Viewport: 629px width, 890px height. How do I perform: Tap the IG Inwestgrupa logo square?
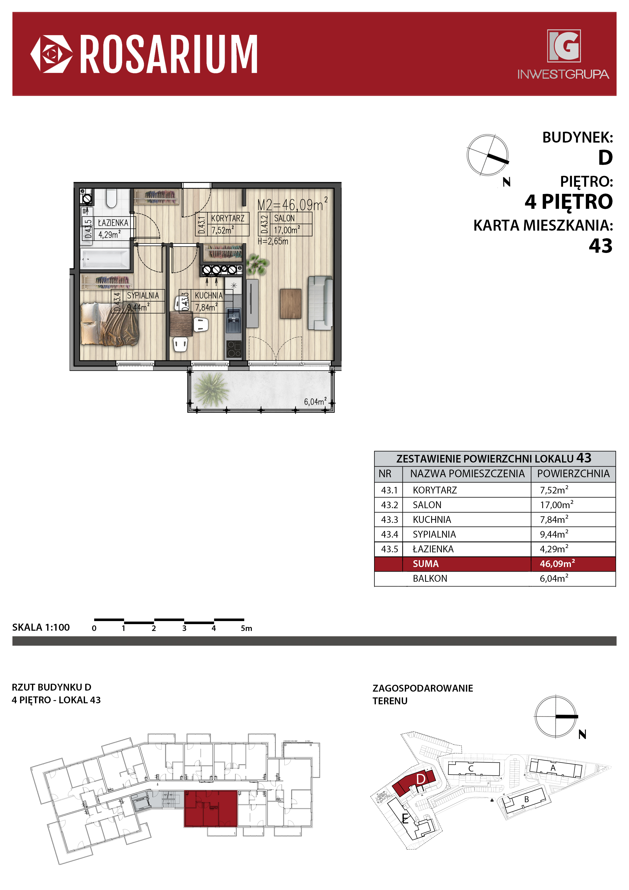tap(564, 46)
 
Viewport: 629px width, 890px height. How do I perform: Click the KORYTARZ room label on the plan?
tap(228, 218)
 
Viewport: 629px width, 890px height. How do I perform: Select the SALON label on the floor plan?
tap(285, 218)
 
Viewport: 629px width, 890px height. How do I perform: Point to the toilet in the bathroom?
tap(112, 198)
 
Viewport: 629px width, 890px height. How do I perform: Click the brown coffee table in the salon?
tap(290, 303)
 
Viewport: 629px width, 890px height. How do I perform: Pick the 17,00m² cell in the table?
tap(556, 504)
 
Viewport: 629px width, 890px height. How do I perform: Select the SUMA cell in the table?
tap(426, 564)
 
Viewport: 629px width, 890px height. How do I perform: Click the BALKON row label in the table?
tap(430, 578)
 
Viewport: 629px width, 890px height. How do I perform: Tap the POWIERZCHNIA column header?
tap(573, 473)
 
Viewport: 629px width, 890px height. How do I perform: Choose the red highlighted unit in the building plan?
tap(211, 809)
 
